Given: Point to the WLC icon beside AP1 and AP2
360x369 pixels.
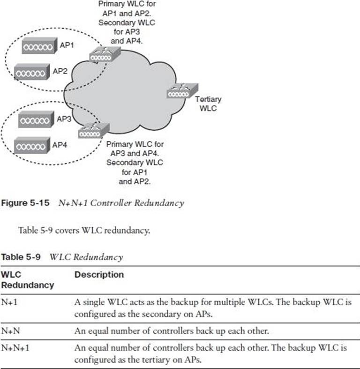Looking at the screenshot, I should point(104,55).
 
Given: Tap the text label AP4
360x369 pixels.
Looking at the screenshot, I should point(60,145).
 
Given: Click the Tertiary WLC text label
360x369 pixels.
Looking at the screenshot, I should point(208,103).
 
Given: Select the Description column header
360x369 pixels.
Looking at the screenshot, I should point(99,275).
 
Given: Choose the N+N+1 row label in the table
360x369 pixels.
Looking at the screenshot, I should point(13,348).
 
